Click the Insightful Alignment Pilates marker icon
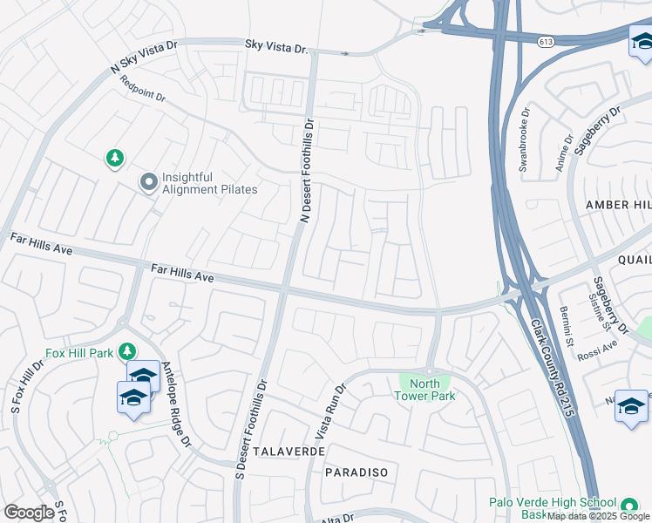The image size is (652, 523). coord(148,182)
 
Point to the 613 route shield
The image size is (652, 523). coord(547,41)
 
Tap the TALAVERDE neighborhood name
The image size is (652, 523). coord(289,452)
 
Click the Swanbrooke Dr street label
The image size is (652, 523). coord(525,140)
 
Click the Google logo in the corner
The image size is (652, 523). coord(30,512)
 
